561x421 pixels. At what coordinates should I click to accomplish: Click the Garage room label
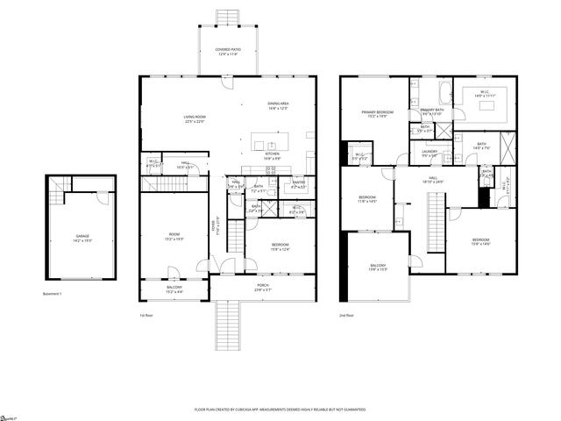pos(82,238)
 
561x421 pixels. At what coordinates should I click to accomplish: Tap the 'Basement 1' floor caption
pos(53,294)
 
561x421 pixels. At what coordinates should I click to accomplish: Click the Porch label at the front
pos(263,287)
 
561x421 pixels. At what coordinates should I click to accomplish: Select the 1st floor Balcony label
pos(174,289)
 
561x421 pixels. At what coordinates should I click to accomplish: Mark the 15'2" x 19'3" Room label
pos(174,237)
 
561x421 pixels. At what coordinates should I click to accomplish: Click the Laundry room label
pos(430,153)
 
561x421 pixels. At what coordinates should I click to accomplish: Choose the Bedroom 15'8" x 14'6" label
pos(481,242)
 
